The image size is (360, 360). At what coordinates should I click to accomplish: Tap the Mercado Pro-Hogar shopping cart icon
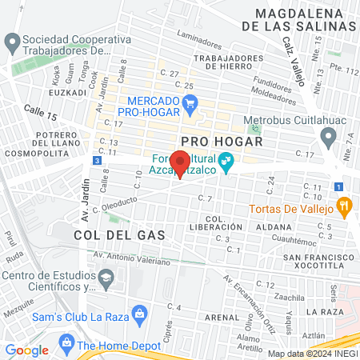(190, 102)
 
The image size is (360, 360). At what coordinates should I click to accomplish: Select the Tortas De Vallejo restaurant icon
(345, 208)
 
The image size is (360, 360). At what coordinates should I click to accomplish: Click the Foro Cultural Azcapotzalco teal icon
(226, 160)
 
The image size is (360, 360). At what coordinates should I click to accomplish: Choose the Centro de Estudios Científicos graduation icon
(106, 277)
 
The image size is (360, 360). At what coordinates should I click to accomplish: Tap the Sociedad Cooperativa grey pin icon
(11, 40)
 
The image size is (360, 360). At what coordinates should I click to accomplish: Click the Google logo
(27, 350)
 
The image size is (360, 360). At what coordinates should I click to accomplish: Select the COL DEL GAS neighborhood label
(118, 235)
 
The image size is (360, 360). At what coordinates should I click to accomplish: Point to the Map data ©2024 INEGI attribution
(313, 354)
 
